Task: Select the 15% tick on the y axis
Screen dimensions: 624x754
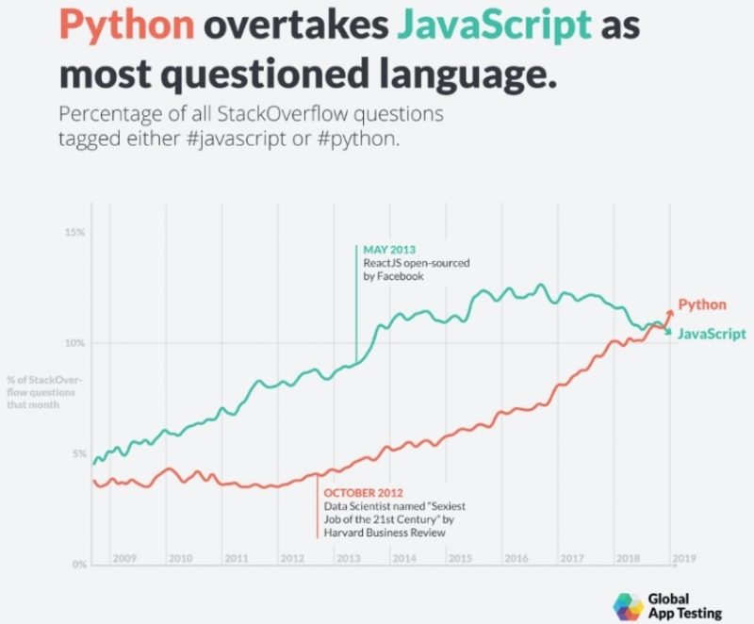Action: [x=75, y=232]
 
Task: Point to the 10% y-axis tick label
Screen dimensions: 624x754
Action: [x=75, y=343]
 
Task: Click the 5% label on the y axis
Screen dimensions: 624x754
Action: [x=78, y=453]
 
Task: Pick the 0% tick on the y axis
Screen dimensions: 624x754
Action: [x=78, y=564]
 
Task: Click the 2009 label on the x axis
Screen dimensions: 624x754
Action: [x=124, y=558]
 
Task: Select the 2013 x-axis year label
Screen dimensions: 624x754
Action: [x=348, y=558]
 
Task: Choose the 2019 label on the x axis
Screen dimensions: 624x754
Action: [x=684, y=558]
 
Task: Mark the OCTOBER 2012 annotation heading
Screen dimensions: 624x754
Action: [x=364, y=493]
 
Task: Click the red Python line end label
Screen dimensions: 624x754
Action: [x=702, y=304]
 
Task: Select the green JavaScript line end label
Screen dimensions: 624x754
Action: [x=712, y=334]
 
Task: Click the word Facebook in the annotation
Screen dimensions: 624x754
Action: [x=401, y=276]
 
